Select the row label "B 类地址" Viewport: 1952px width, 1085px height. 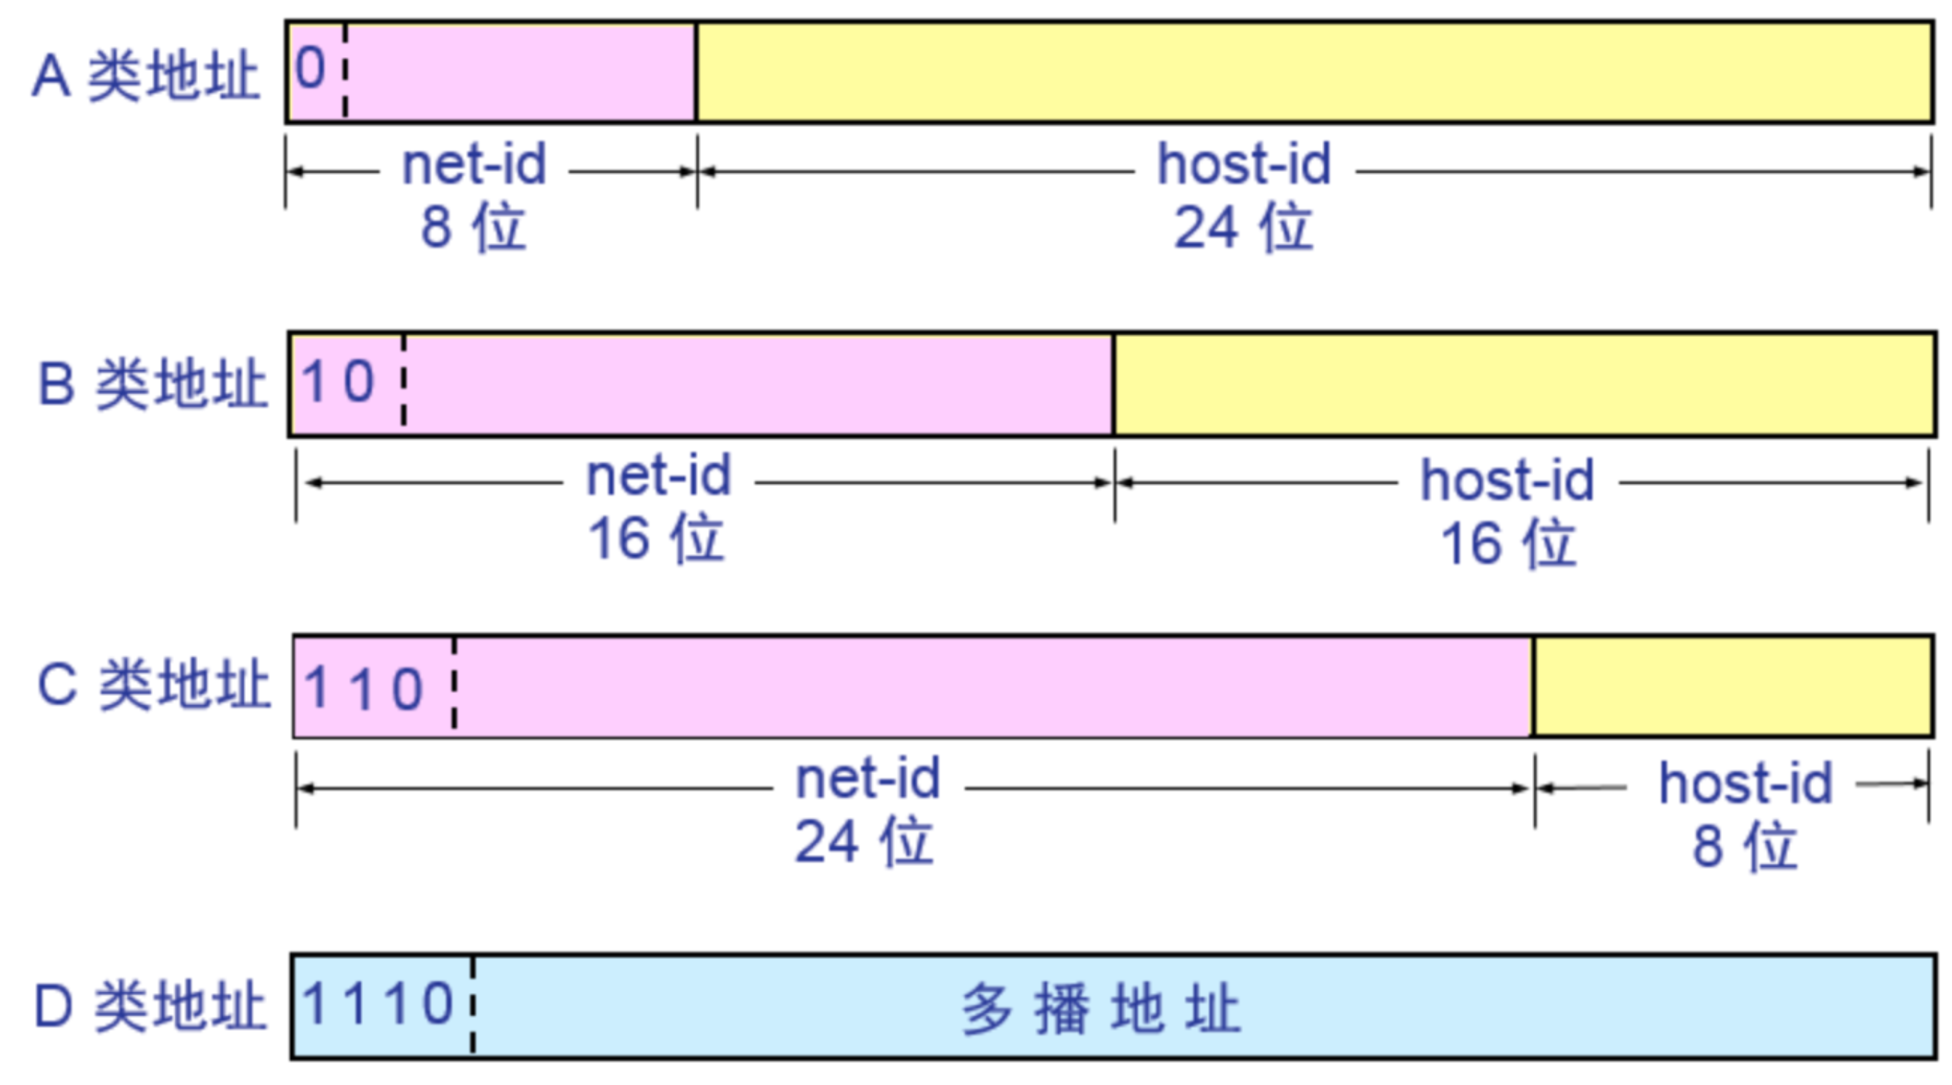(152, 383)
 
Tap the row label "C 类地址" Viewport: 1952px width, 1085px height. (154, 686)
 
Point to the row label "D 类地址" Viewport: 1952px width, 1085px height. (150, 1006)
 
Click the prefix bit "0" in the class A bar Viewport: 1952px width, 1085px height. (311, 69)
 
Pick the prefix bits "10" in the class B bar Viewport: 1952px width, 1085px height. (338, 382)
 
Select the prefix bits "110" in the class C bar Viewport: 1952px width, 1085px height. (364, 688)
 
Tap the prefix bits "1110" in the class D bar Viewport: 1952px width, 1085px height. (378, 1003)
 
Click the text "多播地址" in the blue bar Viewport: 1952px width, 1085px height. (1101, 1009)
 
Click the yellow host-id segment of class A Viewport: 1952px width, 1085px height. (1313, 72)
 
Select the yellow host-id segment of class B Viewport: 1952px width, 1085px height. (1524, 384)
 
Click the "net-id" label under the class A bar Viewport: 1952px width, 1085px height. (474, 166)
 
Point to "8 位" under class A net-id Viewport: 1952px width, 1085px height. (473, 227)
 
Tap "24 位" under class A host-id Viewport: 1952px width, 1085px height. (1243, 227)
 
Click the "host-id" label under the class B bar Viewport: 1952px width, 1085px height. (1507, 480)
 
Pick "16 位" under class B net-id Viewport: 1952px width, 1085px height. (656, 539)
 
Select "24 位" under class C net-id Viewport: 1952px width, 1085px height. (864, 842)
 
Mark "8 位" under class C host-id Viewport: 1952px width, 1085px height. (1745, 846)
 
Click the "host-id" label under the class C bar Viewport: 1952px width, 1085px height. (1746, 784)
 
